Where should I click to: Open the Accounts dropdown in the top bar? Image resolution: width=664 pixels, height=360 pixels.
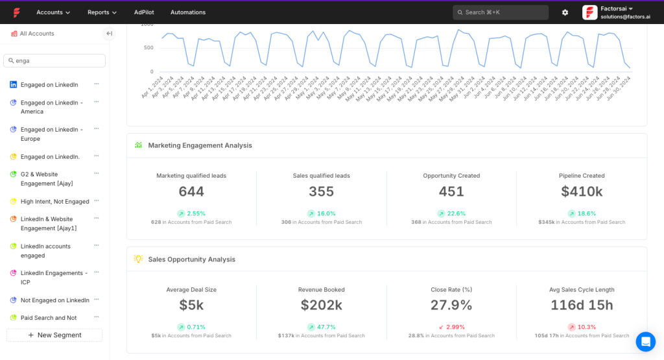pyautogui.click(x=53, y=12)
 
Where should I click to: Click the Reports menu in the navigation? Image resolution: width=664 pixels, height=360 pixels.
pyautogui.click(x=102, y=12)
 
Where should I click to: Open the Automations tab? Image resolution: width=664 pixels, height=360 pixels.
pyautogui.click(x=188, y=12)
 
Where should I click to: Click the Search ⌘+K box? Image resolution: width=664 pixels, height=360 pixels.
pyautogui.click(x=500, y=12)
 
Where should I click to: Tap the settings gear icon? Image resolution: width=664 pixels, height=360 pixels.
pyautogui.click(x=565, y=12)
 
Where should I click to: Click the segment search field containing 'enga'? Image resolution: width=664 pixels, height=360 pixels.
pyautogui.click(x=54, y=60)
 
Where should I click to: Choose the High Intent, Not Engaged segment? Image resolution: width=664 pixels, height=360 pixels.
pyautogui.click(x=54, y=202)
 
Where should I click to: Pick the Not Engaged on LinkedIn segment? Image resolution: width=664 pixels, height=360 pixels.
pyautogui.click(x=54, y=300)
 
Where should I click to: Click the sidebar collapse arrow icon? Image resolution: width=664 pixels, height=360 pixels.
pyautogui.click(x=109, y=34)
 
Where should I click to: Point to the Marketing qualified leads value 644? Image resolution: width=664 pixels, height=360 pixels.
pyautogui.click(x=191, y=191)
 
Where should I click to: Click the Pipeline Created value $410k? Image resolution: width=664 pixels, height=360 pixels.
pyautogui.click(x=582, y=191)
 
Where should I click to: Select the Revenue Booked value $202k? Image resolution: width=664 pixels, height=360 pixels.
pyautogui.click(x=321, y=305)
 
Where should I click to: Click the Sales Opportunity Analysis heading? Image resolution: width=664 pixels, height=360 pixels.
pyautogui.click(x=191, y=259)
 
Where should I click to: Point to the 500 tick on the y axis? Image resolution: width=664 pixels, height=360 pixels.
pyautogui.click(x=148, y=48)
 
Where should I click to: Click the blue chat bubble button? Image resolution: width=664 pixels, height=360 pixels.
pyautogui.click(x=645, y=341)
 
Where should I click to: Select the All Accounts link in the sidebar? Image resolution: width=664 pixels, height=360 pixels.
pyautogui.click(x=36, y=34)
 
